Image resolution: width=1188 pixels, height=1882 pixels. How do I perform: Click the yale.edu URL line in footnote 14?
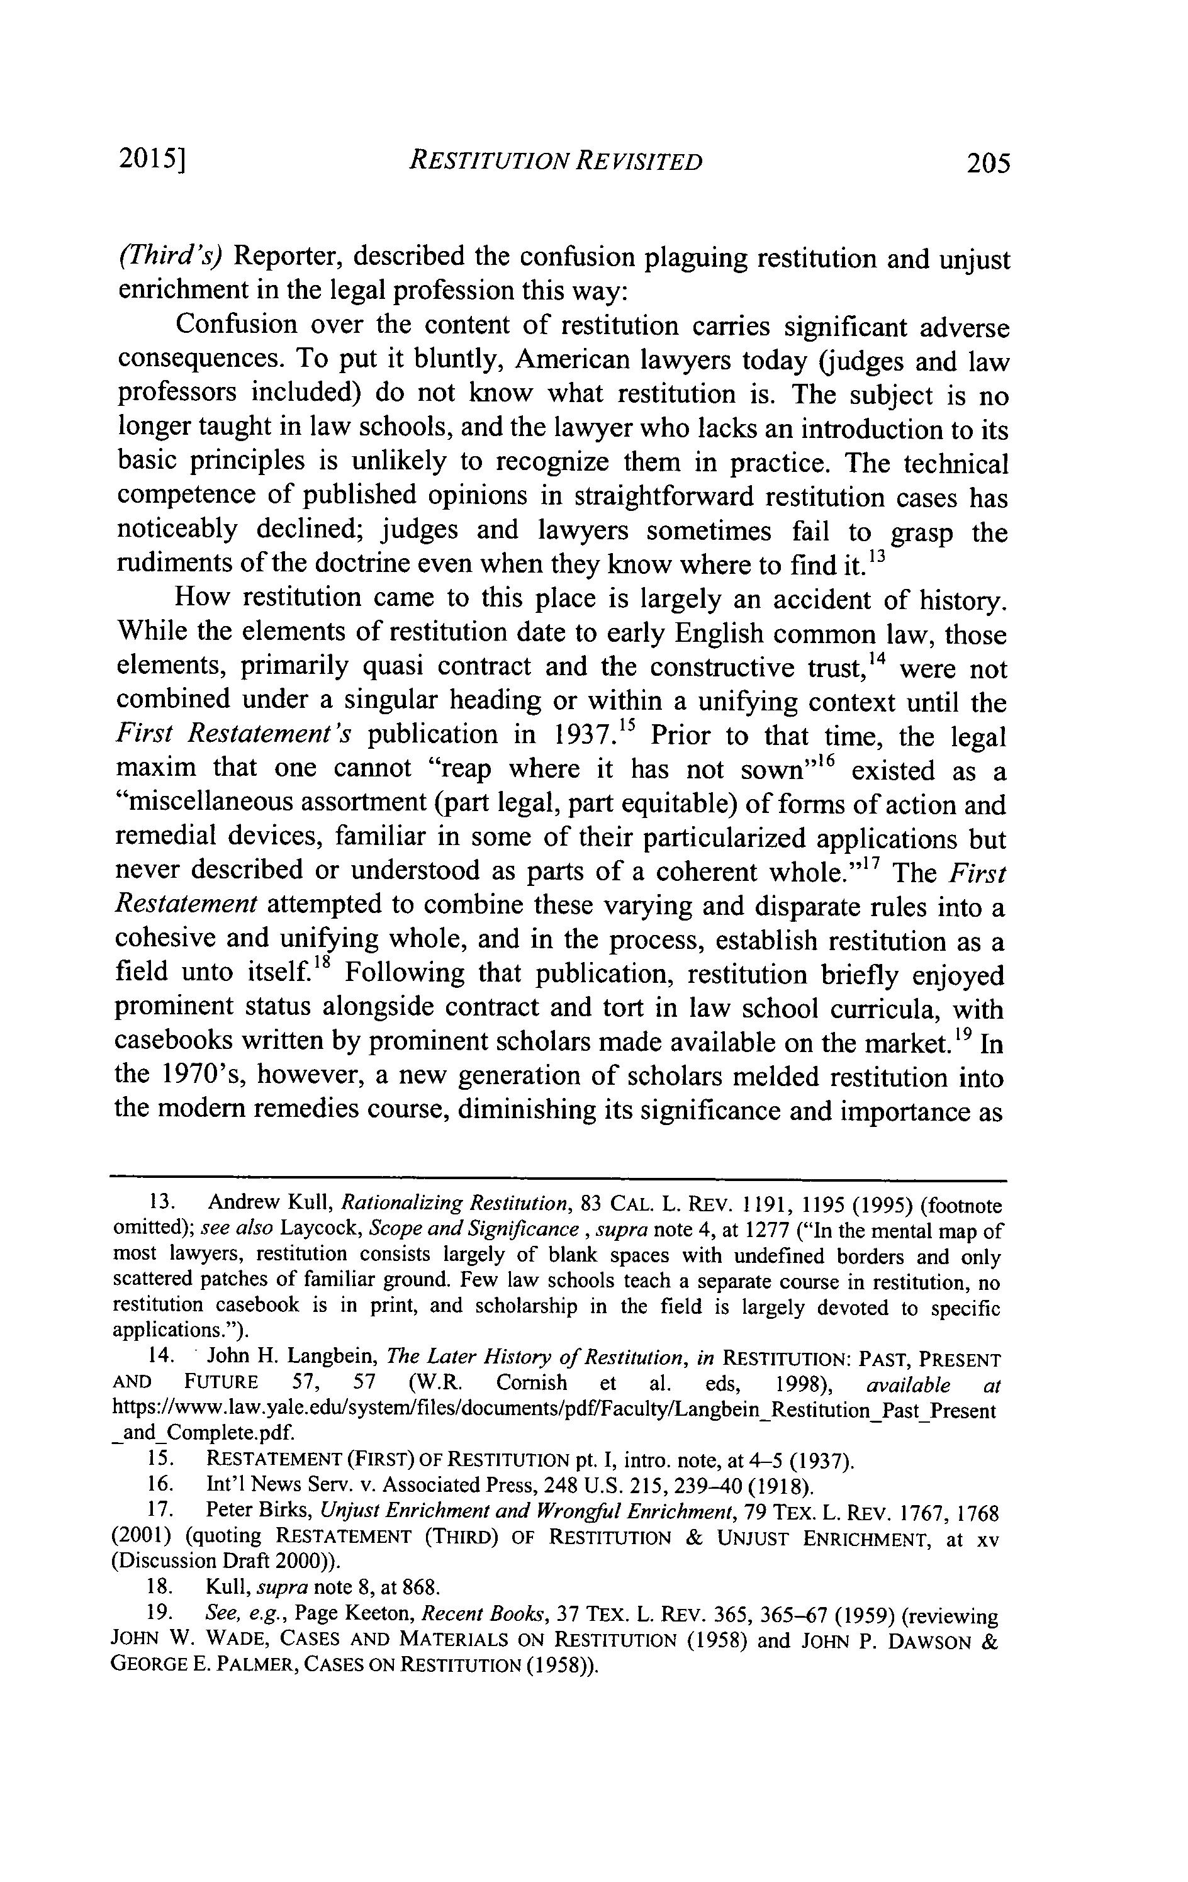554,1411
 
